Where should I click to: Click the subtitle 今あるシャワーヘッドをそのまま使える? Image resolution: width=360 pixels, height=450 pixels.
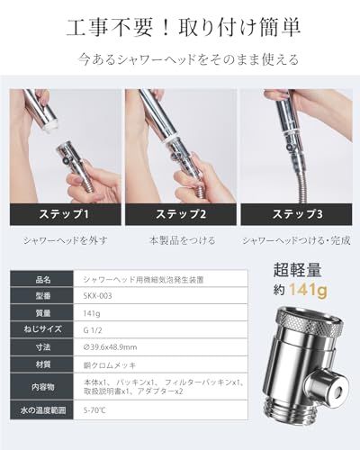point(180,63)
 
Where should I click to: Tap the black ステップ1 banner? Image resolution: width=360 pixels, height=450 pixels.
point(62,214)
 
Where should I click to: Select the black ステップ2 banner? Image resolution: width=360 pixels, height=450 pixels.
point(180,214)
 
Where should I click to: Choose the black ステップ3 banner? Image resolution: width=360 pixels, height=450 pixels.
point(297,214)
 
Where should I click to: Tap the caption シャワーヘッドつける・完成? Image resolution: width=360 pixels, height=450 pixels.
point(296,240)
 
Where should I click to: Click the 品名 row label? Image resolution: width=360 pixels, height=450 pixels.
point(43,280)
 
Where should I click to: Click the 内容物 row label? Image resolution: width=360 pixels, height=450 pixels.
point(43,388)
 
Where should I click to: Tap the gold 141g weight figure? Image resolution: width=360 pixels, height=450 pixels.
point(310,290)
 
